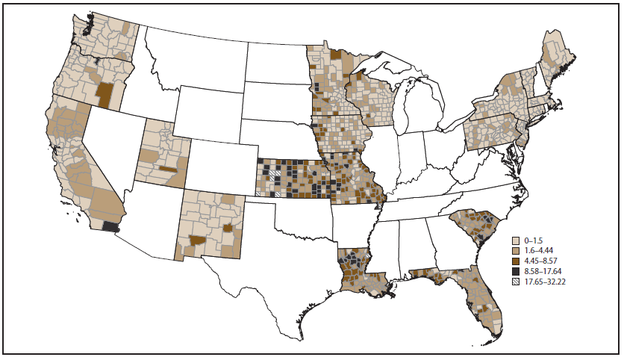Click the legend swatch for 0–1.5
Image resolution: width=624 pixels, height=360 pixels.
pos(516,241)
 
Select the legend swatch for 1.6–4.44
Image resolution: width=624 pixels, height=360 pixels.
pos(516,252)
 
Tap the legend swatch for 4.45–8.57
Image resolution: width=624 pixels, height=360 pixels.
pos(516,262)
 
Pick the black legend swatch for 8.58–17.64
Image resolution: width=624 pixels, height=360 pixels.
pos(516,273)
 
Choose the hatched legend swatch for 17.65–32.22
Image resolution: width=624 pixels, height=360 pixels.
pos(516,283)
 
